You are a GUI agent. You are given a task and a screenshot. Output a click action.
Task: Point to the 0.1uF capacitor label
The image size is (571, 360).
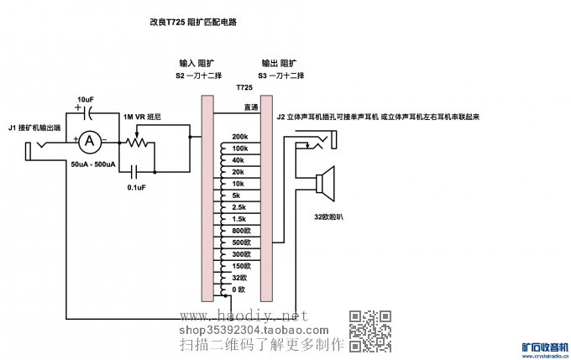137,187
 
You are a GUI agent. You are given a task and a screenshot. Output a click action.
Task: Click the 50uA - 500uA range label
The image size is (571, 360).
93,164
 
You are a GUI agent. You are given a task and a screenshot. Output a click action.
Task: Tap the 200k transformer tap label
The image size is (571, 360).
239,137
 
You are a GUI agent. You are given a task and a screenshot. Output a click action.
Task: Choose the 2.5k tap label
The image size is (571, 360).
238,206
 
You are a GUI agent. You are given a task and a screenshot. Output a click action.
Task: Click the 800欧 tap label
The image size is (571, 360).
242,230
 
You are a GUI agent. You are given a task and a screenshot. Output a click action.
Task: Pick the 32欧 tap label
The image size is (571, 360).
240,277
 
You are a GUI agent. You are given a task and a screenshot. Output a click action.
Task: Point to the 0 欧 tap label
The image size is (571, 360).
238,289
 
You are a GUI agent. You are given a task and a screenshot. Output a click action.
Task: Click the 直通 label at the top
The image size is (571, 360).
250,107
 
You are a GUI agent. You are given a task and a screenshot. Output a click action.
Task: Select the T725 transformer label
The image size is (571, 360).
244,87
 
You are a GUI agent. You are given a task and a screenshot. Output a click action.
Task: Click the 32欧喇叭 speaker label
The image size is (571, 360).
330,217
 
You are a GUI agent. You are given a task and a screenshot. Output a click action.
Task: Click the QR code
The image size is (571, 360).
370,330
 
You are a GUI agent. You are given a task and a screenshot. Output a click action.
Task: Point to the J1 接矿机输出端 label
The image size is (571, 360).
34,128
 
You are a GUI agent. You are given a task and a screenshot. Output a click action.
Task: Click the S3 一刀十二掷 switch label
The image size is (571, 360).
280,76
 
